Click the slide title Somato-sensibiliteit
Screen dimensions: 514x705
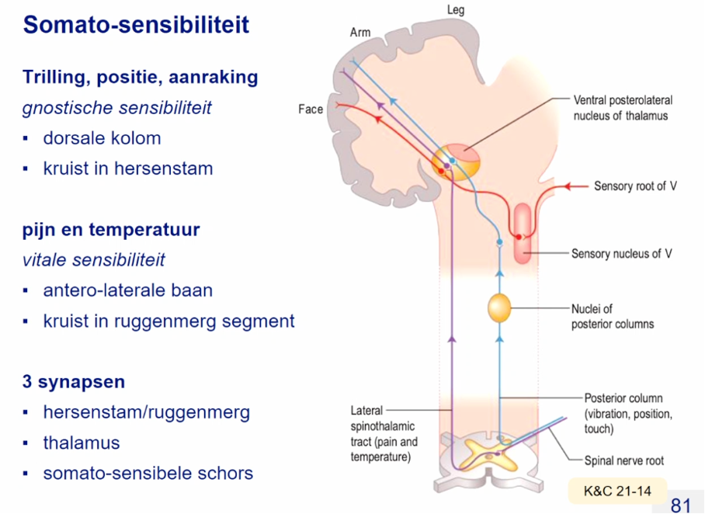[136, 25]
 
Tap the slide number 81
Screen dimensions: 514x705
[680, 505]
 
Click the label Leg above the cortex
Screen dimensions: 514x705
[456, 10]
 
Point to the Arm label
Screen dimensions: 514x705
[360, 33]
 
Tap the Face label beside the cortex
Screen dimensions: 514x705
[311, 109]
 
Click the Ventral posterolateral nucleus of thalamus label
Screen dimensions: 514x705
[623, 108]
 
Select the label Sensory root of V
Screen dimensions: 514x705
[635, 186]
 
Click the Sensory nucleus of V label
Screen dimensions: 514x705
[621, 254]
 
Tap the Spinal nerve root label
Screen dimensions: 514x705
[623, 460]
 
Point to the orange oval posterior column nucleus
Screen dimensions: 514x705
[499, 308]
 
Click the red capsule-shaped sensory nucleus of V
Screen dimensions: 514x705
[523, 231]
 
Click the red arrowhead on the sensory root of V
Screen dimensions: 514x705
[568, 186]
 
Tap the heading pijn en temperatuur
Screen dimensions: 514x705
[111, 230]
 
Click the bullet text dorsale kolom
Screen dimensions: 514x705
[102, 138]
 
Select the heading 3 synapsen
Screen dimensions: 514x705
[74, 382]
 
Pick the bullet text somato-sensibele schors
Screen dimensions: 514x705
[148, 473]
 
